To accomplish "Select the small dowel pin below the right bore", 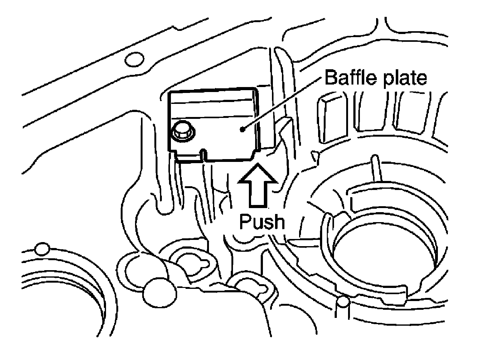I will tap(343, 301).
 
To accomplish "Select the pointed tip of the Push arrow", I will tap(258, 166).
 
